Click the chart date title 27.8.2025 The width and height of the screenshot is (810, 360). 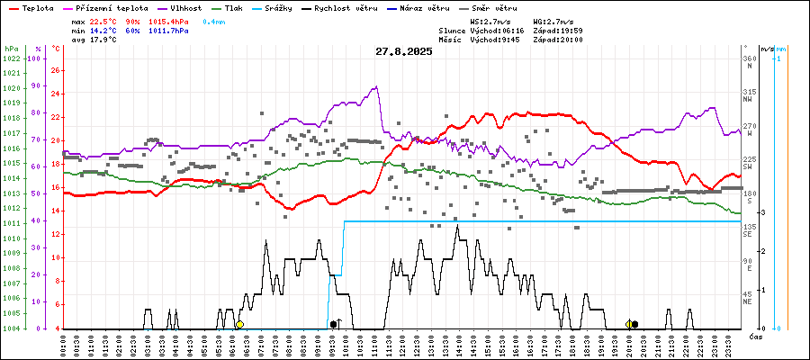click(404, 51)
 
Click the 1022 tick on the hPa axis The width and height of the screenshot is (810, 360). click(12, 58)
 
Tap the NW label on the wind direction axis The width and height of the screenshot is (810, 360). click(746, 100)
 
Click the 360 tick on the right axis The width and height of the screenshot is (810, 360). click(748, 58)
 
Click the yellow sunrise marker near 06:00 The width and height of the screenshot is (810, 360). click(239, 324)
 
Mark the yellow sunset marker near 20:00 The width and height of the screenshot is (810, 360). click(629, 324)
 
